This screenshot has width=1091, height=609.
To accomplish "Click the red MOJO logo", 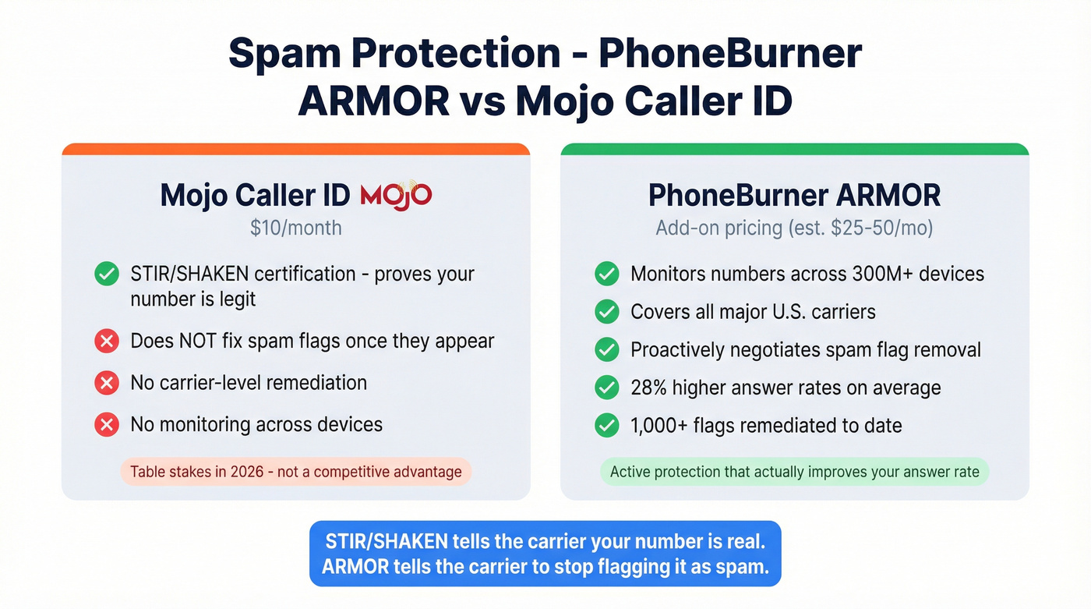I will coord(396,195).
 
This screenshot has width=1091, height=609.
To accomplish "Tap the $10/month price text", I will coord(295,228).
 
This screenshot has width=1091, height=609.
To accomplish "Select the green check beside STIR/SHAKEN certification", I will coord(106,274).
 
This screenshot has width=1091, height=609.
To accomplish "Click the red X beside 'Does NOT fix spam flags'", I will coord(106,342).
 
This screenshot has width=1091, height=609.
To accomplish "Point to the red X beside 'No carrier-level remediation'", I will coord(106,383).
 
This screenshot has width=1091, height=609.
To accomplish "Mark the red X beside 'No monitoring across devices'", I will coord(106,425).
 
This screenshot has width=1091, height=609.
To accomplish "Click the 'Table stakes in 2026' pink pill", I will coord(295,472).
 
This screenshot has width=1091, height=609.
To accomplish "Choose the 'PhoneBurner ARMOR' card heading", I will coord(794,195).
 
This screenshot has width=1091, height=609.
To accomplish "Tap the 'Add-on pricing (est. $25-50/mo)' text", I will coord(794,228).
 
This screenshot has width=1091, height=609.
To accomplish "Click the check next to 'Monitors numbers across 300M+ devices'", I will coord(606,274).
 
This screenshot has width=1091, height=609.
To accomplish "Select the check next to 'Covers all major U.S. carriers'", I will coord(606,312).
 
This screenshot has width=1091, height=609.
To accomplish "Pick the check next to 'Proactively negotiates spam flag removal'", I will coord(606,349).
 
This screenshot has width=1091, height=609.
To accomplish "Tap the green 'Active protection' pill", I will coord(794,472).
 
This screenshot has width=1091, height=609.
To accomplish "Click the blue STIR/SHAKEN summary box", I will coord(545,554).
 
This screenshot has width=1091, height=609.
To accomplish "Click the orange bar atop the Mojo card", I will coord(295,149).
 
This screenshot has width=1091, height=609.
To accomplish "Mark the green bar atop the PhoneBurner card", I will coord(794,149).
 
